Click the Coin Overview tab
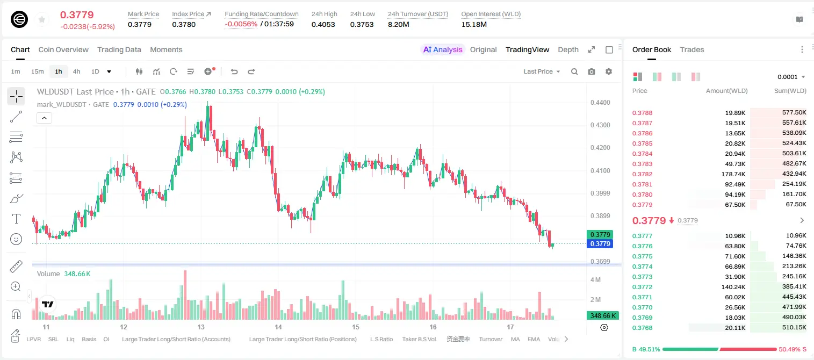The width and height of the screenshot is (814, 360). [63, 49]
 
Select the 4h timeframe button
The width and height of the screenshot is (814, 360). [76, 71]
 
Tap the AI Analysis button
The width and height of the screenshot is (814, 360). [443, 49]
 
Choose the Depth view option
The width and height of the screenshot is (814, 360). [568, 49]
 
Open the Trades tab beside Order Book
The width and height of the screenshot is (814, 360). [692, 49]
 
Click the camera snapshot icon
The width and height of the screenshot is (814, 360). [592, 71]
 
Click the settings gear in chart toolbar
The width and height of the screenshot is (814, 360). [609, 71]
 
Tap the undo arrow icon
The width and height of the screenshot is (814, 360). [234, 71]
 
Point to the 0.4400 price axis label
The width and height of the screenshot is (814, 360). [600, 103]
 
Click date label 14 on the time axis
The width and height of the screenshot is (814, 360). [278, 327]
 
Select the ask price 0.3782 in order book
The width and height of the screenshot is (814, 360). [642, 174]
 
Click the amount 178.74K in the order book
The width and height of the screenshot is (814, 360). [733, 174]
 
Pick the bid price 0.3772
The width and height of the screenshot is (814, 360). [642, 286]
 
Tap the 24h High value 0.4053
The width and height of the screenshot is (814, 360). [323, 24]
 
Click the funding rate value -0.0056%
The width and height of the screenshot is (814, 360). [241, 24]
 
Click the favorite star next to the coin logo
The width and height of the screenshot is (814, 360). [42, 19]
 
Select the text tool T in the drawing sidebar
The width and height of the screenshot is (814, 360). [16, 219]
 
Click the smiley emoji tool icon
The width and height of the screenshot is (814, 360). [16, 239]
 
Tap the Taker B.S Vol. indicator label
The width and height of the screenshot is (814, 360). [419, 339]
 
